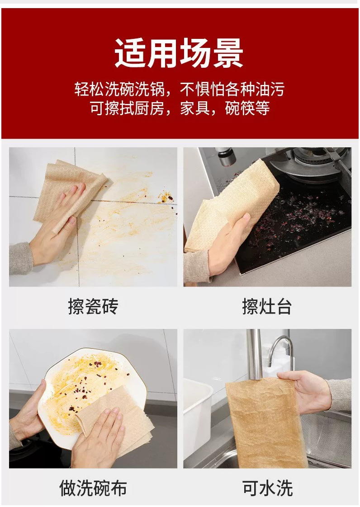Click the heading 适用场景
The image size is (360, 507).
coord(179,53)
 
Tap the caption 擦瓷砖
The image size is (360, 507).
coord(93,306)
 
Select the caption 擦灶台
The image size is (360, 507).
coord(267,306)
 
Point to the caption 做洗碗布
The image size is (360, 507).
coord(93,488)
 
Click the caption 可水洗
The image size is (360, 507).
coord(267,488)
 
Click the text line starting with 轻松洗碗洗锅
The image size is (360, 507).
coord(180,89)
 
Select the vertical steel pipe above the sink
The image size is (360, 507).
coord(254,354)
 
